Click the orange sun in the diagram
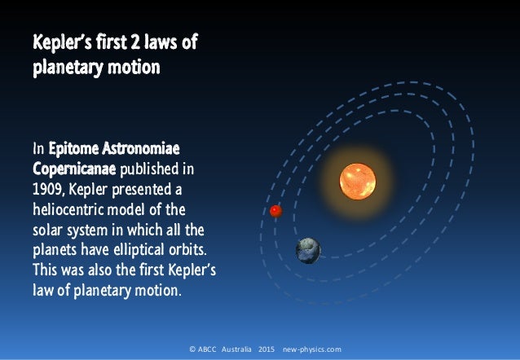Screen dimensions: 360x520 (x=357, y=181)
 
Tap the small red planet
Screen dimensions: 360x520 (x=275, y=211)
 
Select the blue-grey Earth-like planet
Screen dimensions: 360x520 (x=308, y=249)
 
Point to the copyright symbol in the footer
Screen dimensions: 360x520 (x=192, y=349)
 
